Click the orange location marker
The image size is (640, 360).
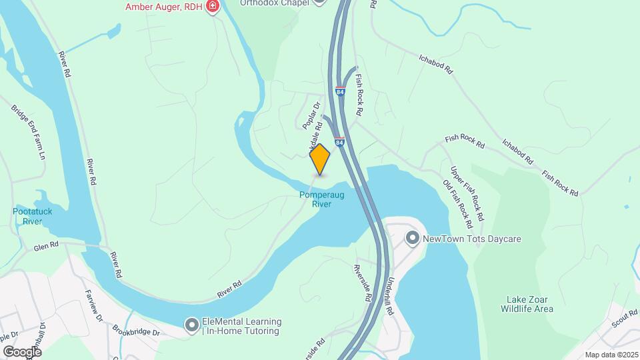point(320,159)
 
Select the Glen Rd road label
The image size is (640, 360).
point(47,246)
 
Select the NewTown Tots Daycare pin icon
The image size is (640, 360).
point(413,238)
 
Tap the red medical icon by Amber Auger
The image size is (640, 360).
point(213,7)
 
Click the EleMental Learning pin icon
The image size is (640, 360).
point(192,325)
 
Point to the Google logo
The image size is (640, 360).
point(22,351)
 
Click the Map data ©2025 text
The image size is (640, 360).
point(612,355)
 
